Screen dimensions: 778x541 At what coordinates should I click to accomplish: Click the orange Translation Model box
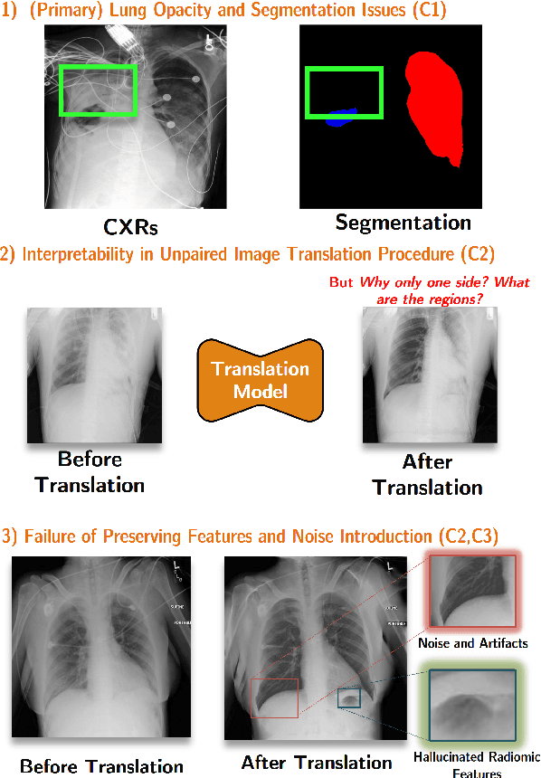pos(260,379)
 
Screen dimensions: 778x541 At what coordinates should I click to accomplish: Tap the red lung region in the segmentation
pos(437,107)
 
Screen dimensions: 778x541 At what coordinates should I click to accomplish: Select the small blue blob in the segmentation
pos(340,116)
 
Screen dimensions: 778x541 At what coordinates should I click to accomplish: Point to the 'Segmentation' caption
pos(403,222)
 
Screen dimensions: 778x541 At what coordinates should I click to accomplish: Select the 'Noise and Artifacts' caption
pos(473,642)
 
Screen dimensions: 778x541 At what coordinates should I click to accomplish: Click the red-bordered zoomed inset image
pos(473,590)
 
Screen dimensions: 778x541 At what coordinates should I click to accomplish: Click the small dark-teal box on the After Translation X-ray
pos(348,697)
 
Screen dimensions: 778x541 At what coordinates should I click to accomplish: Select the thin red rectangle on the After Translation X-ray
pos(274,697)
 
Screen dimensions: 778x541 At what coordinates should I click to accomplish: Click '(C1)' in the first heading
pos(424,10)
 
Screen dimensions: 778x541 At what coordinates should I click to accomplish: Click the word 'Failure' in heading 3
pos(49,536)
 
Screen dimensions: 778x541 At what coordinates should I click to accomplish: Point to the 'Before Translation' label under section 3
pos(101,766)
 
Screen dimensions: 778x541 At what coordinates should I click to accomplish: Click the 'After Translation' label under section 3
pos(317,763)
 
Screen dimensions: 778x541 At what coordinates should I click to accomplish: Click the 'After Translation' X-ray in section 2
pos(427,374)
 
